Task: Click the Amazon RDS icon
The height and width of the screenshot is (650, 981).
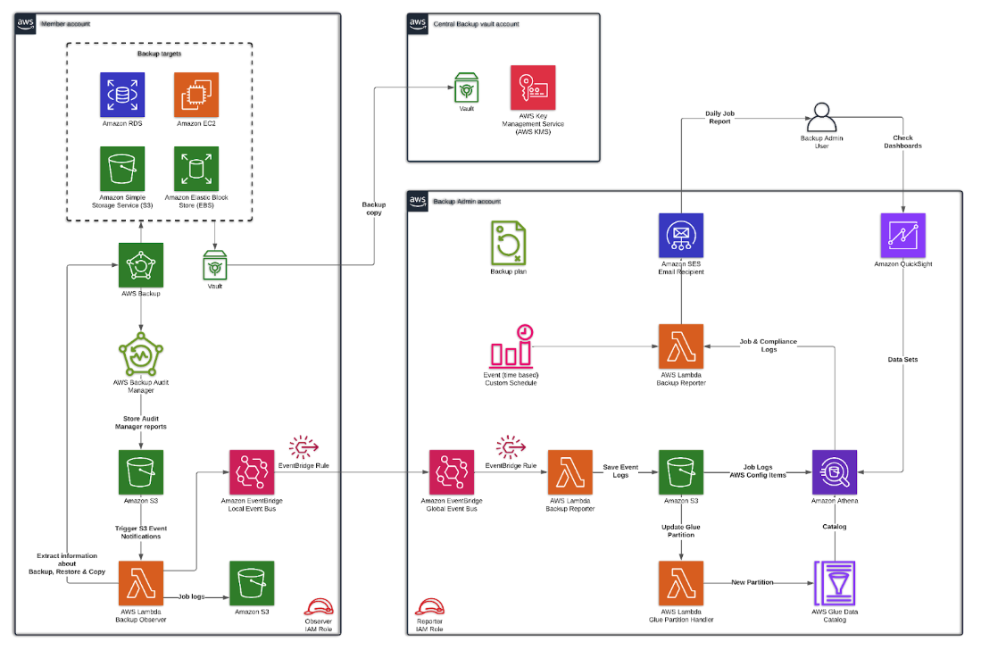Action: click(123, 95)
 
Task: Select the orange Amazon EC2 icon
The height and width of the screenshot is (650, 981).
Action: click(196, 95)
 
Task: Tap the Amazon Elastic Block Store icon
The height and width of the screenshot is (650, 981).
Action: click(196, 169)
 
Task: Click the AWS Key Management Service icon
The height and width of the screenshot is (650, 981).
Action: click(532, 87)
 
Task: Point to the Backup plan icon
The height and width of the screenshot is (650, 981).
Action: click(508, 243)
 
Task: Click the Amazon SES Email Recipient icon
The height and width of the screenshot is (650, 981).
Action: click(680, 236)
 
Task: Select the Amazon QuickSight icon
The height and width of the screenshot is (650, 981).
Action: click(902, 236)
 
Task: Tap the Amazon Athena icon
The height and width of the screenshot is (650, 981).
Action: click(835, 471)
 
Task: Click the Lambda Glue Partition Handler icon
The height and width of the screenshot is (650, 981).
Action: click(680, 582)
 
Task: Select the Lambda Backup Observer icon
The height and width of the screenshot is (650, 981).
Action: click(141, 582)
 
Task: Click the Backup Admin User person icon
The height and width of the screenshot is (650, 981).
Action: click(821, 118)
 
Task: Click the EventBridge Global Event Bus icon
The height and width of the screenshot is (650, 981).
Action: click(451, 471)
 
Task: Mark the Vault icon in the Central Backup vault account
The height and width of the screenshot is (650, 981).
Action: click(466, 87)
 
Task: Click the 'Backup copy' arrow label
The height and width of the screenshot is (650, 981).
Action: click(373, 208)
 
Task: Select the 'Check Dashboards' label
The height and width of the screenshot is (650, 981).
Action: click(907, 142)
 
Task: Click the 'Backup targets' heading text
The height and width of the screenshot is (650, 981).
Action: click(160, 54)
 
